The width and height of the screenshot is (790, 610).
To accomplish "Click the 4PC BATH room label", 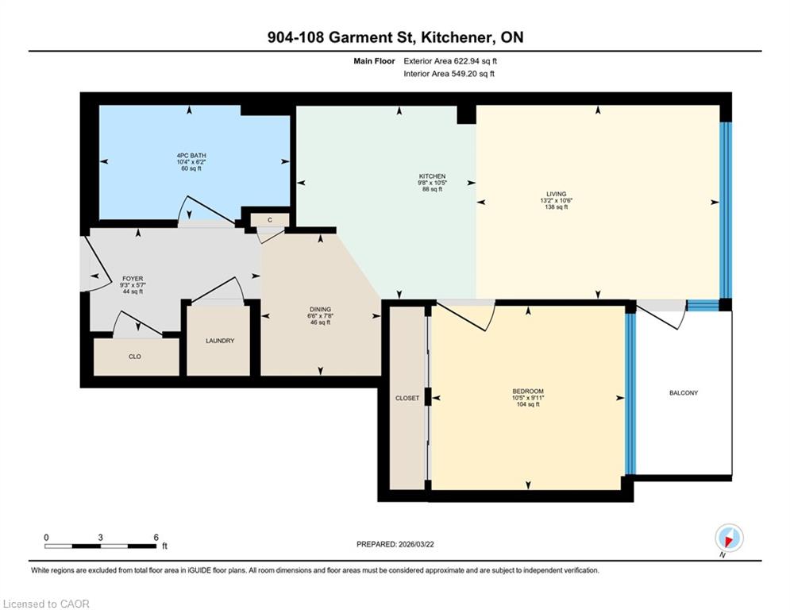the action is click(191, 155).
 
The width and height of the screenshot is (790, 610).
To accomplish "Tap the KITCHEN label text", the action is click(432, 176).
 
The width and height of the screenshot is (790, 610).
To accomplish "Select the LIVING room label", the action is click(557, 194).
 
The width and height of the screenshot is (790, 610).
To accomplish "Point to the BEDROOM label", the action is click(528, 392).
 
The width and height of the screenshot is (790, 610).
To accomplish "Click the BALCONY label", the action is click(684, 392).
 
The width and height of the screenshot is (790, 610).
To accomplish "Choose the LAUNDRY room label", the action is click(220, 341).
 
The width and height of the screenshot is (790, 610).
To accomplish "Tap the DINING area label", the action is click(321, 309).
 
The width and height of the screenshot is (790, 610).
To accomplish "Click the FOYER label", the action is click(133, 278).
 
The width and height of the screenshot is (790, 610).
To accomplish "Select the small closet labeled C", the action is click(270, 220).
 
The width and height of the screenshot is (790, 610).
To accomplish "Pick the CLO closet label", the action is click(135, 357).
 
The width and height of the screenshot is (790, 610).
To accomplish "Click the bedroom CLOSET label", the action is click(407, 398).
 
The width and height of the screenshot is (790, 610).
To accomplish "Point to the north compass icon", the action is click(729, 539).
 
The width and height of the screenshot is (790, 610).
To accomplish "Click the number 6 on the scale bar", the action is click(156, 538).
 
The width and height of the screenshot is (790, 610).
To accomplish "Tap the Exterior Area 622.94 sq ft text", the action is click(450, 61).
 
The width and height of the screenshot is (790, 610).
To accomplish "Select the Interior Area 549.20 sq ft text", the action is click(449, 74).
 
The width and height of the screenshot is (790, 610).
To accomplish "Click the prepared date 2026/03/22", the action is click(416, 544).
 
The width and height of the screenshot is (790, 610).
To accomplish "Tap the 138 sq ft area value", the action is click(557, 207).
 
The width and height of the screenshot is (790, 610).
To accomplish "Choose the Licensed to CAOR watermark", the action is click(46, 604).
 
